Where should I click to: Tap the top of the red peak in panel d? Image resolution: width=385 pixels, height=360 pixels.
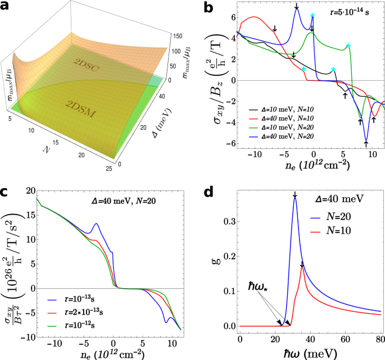pos(302,267)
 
